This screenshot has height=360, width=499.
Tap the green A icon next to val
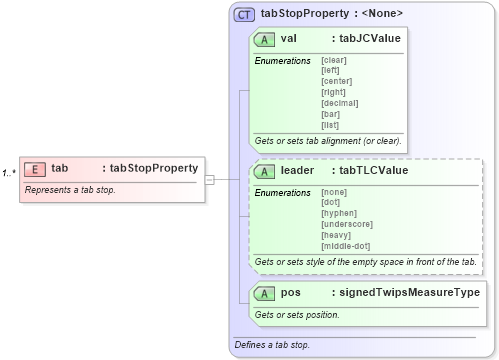[265, 39]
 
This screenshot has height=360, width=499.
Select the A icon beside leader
[265, 171]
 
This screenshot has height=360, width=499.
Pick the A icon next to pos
[265, 293]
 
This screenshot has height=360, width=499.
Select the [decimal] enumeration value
[339, 102]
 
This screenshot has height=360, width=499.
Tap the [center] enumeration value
[337, 80]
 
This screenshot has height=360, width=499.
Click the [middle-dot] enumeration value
[346, 246]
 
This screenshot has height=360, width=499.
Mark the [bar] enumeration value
[331, 113]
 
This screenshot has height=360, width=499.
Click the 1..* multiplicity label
[9, 173]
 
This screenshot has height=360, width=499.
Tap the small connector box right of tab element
[210, 180]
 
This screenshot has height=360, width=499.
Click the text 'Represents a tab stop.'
[70, 190]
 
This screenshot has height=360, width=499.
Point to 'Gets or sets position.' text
[297, 314]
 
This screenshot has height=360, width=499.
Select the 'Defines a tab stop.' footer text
[271, 345]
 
